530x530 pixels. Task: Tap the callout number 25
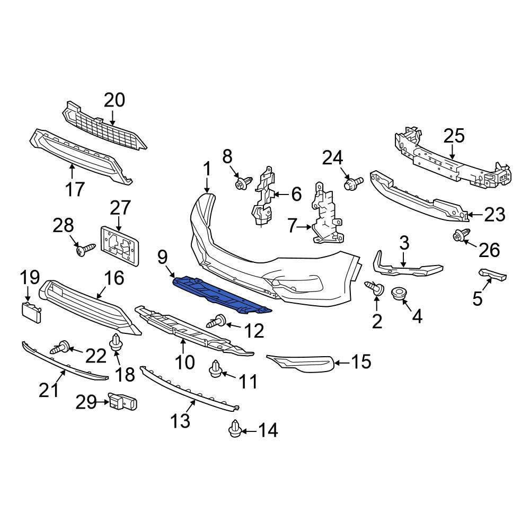click(x=454, y=136)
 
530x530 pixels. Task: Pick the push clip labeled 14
click(x=235, y=430)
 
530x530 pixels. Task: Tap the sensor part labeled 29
click(x=122, y=403)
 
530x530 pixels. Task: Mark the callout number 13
click(x=180, y=420)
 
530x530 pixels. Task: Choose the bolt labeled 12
click(x=219, y=321)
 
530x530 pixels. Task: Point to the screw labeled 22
click(x=59, y=348)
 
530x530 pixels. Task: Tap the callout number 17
click(x=75, y=188)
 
